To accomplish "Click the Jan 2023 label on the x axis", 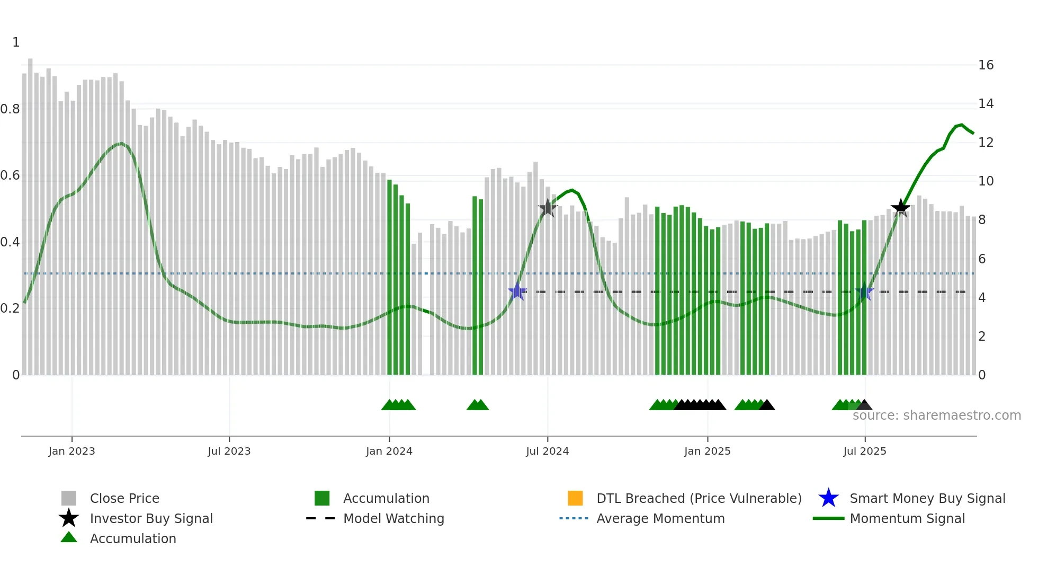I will pyautogui.click(x=71, y=452).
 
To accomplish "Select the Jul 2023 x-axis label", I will pyautogui.click(x=229, y=452).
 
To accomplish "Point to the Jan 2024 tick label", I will pyautogui.click(x=389, y=452).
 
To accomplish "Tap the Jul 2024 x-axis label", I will pyautogui.click(x=547, y=452).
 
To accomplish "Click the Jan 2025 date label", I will pyautogui.click(x=707, y=452).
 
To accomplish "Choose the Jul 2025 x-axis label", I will pyautogui.click(x=864, y=452).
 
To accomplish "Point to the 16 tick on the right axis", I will pyautogui.click(x=986, y=65).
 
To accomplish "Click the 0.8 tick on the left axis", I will pyautogui.click(x=10, y=109).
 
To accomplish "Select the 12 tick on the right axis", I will pyautogui.click(x=986, y=143).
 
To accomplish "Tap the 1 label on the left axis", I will pyautogui.click(x=16, y=42).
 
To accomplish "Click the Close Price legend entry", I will pyautogui.click(x=124, y=499).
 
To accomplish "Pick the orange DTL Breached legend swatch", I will pyautogui.click(x=575, y=498).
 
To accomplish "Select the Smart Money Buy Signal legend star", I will pyautogui.click(x=828, y=498).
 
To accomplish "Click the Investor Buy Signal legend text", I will pyautogui.click(x=151, y=519).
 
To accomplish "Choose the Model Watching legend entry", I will pyautogui.click(x=393, y=519).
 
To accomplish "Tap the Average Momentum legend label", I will pyautogui.click(x=660, y=519).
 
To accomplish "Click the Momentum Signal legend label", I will pyautogui.click(x=907, y=519).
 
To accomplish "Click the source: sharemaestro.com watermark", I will pyautogui.click(x=936, y=415).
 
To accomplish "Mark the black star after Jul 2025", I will pyautogui.click(x=900, y=208).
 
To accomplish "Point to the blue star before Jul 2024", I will pyautogui.click(x=517, y=291).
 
